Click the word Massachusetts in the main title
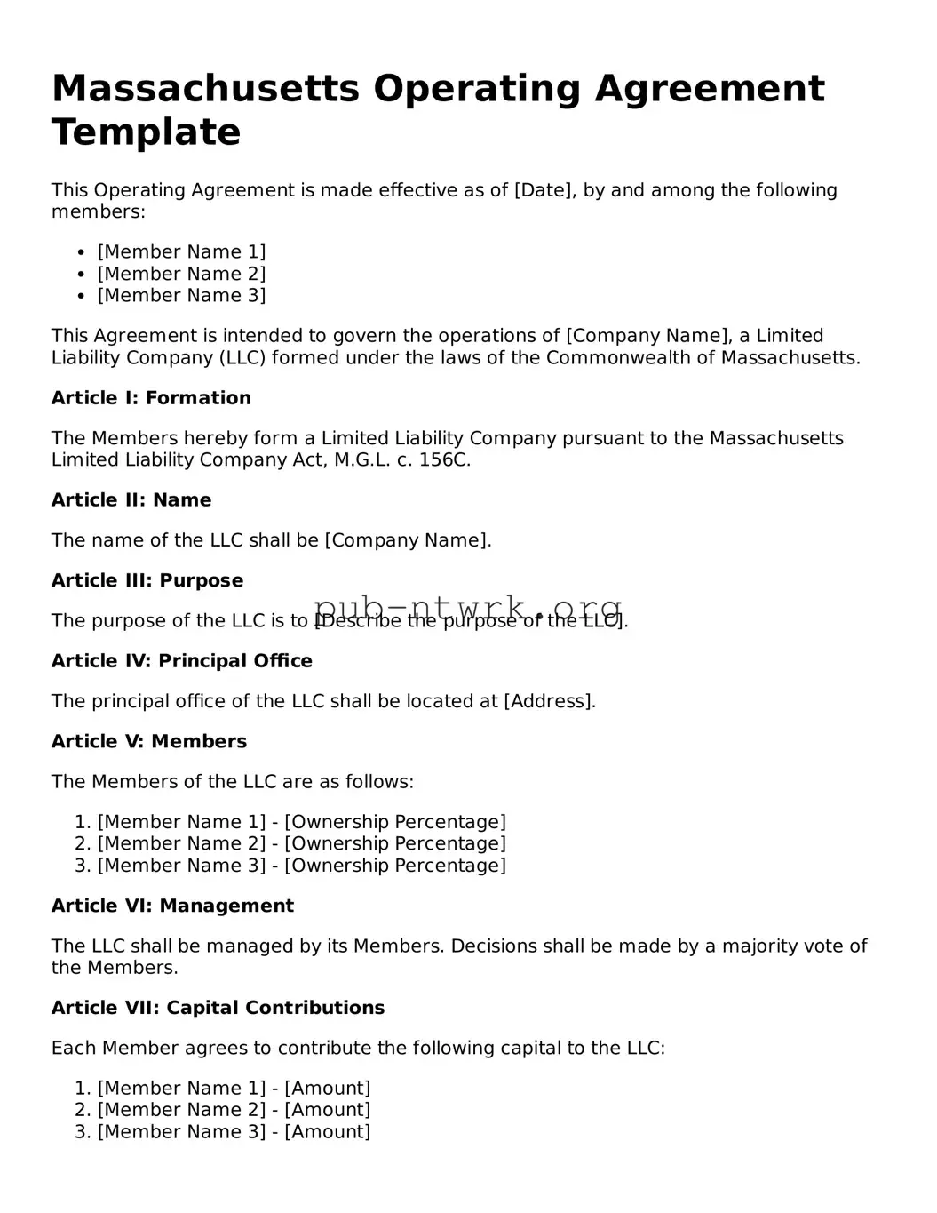[x=206, y=89]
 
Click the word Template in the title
[x=147, y=132]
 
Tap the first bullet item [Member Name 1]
[x=181, y=252]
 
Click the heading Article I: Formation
[x=151, y=398]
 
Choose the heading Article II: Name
[x=131, y=500]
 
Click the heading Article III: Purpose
[x=147, y=581]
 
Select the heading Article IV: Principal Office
[x=182, y=661]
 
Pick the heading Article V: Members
[x=149, y=742]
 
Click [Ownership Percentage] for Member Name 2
[x=395, y=843]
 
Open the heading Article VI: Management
[x=172, y=906]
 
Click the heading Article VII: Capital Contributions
[x=218, y=1009]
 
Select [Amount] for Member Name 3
[x=328, y=1132]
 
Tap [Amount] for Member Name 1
[x=328, y=1089]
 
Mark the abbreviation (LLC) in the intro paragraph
[x=242, y=358]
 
